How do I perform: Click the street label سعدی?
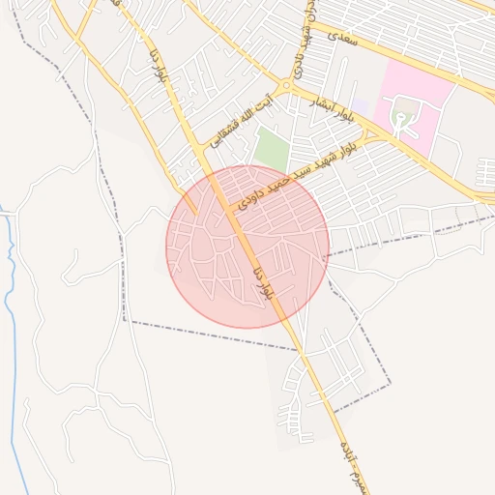pyautogui.click(x=343, y=38)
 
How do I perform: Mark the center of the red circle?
pyautogui.click(x=247, y=247)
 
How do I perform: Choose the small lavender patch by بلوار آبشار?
pyautogui.click(x=360, y=106)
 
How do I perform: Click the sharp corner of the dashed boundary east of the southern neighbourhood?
pyautogui.click(x=391, y=383)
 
